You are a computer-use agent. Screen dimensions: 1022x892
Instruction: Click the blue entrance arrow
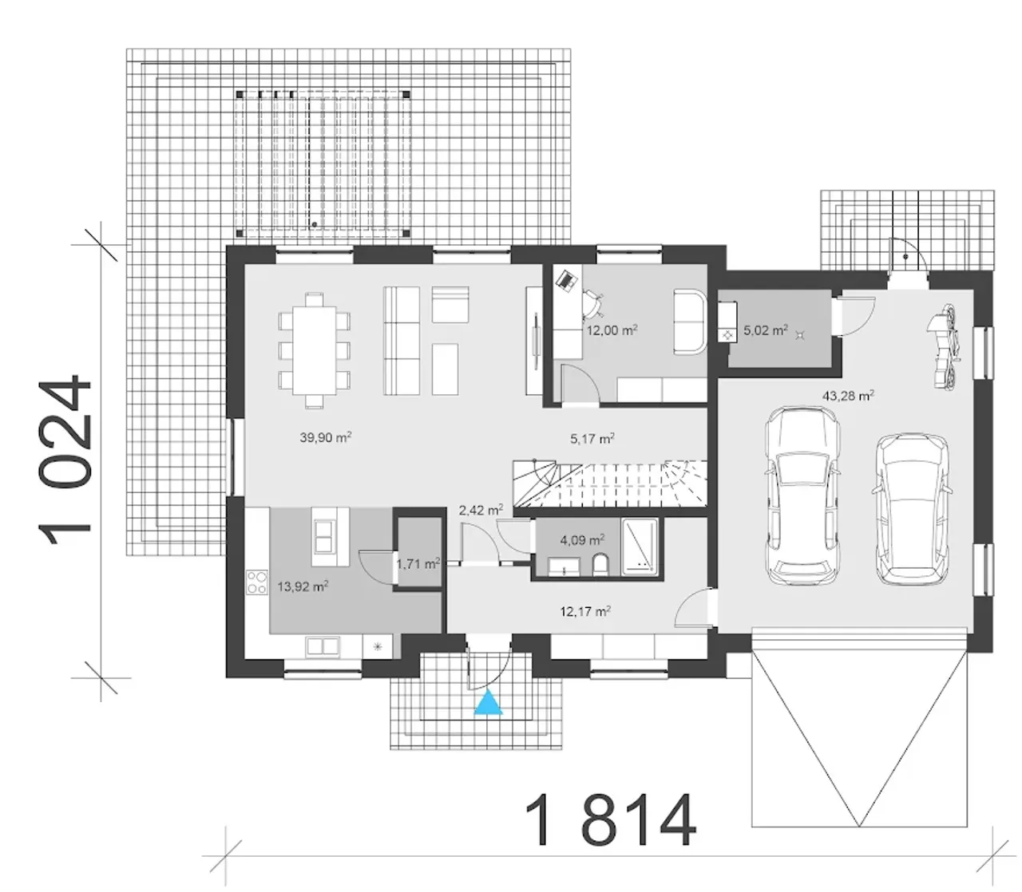pos(488,702)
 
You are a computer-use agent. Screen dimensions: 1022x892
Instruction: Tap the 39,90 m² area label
pos(326,437)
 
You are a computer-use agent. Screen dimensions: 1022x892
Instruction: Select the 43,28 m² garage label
pos(848,396)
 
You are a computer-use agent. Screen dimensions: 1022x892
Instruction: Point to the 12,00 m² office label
pos(612,330)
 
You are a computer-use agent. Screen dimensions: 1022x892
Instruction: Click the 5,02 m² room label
pos(766,330)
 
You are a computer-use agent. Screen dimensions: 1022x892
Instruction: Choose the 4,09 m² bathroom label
pos(582,539)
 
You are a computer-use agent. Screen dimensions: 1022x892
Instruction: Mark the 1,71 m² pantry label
pos(418,563)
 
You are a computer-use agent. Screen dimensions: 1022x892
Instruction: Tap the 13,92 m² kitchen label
pos(303,586)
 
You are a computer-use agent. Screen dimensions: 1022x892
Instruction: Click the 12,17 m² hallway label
pos(585,611)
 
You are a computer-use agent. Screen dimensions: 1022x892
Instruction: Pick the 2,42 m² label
pos(481,510)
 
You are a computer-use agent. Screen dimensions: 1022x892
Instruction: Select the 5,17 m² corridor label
pos(592,438)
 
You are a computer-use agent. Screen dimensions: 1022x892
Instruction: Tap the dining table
pos(315,350)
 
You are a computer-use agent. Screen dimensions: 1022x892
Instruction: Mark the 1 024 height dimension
pos(65,460)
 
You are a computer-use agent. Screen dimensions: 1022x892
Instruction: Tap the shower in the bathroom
pos(640,547)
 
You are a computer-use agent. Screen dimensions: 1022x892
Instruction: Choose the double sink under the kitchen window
pos(323,646)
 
